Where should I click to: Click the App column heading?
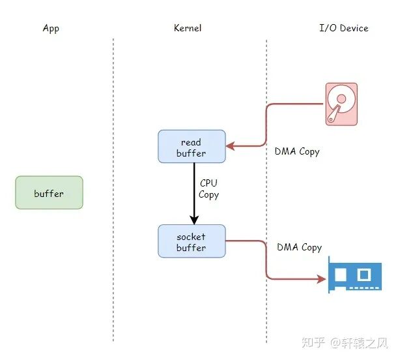[x=50, y=28]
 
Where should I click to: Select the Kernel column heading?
[x=188, y=28]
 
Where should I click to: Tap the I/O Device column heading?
[x=343, y=28]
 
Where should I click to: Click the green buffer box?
[x=49, y=193]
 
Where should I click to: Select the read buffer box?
[x=192, y=147]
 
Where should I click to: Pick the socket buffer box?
[x=192, y=241]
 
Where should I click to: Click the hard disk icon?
[x=341, y=104]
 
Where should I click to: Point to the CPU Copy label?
[x=208, y=189]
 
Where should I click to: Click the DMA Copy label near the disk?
[x=297, y=151]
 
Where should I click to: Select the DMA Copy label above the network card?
[x=299, y=247]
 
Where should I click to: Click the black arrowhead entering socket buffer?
[x=193, y=220]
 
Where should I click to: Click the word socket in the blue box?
[x=192, y=237]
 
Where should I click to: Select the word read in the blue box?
[x=192, y=142]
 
